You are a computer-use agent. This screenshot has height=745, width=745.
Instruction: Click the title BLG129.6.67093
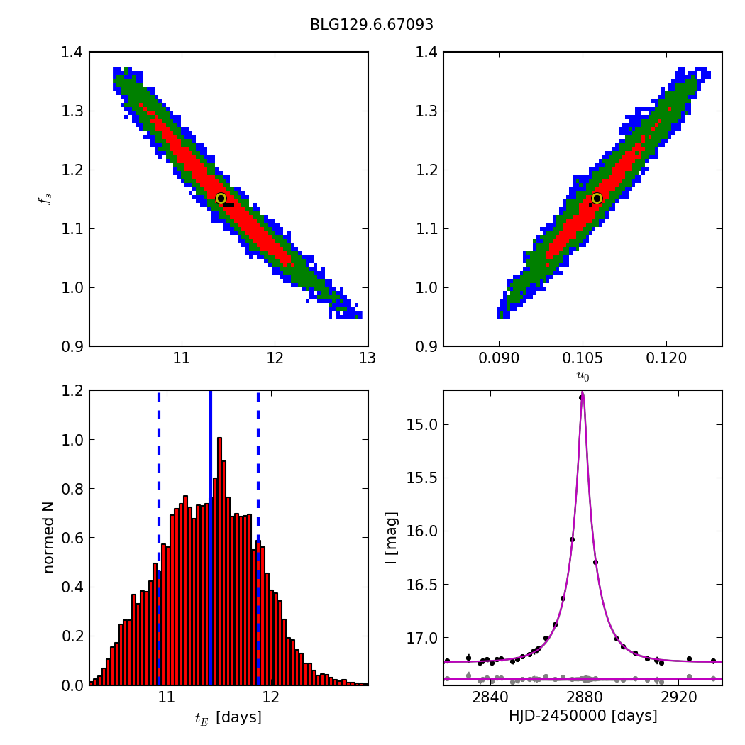point(372,26)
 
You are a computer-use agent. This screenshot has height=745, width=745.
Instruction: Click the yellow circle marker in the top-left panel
point(221,198)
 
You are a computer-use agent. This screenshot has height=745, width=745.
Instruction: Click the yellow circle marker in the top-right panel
point(597,198)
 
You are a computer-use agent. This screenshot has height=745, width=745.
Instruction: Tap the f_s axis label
point(46,199)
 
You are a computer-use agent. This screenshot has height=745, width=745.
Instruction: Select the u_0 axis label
point(583,376)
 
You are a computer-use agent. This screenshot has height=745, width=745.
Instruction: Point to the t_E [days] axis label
point(228,718)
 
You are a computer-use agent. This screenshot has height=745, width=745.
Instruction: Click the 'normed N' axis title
point(48,537)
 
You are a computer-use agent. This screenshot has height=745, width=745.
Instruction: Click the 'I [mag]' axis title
point(391,537)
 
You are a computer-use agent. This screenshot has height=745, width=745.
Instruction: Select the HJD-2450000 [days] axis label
point(583,717)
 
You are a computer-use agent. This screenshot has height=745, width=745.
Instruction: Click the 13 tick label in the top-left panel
point(368,359)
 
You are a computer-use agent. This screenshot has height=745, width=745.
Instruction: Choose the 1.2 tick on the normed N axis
point(71,391)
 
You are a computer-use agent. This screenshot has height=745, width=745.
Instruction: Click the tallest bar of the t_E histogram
point(219,561)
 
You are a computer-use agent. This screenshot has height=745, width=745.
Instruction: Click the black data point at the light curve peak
point(581,397)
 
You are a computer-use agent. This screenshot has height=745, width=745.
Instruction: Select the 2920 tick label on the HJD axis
point(679,697)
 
